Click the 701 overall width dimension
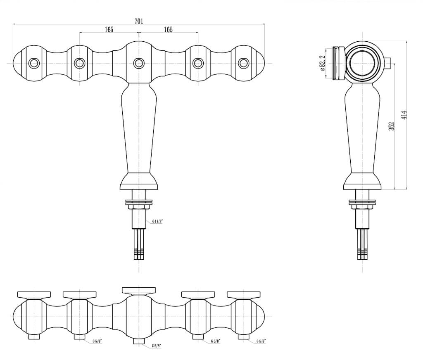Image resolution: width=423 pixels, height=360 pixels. [x=139, y=21]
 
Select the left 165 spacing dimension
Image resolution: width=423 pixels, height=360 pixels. [x=109, y=29]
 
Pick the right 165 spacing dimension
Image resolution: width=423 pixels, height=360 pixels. [x=168, y=29]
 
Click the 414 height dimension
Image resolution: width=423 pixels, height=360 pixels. [x=404, y=115]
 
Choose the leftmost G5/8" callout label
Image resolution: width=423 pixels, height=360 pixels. [x=97, y=341]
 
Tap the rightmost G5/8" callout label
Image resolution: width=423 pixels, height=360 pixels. [x=261, y=341]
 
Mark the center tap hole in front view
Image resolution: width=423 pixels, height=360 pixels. [x=139, y=63]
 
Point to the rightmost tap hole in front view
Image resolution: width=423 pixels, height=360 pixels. [x=244, y=63]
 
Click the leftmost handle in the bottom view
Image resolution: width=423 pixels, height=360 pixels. [x=34, y=294]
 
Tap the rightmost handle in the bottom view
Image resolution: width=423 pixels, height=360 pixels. [x=244, y=294]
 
